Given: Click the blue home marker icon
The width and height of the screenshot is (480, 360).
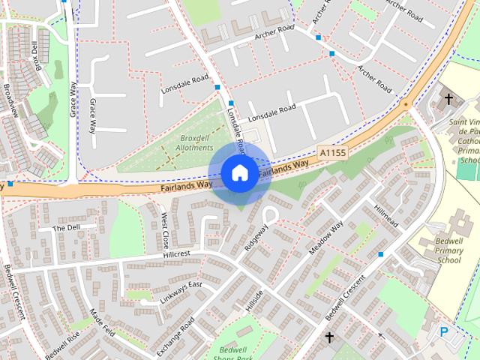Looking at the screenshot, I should point(239,172).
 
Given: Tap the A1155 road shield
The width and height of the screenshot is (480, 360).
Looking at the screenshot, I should point(333,151).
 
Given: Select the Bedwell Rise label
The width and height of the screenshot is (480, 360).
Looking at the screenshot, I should point(61,346).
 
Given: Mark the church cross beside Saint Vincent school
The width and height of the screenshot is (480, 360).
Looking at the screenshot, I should point(448,99).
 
